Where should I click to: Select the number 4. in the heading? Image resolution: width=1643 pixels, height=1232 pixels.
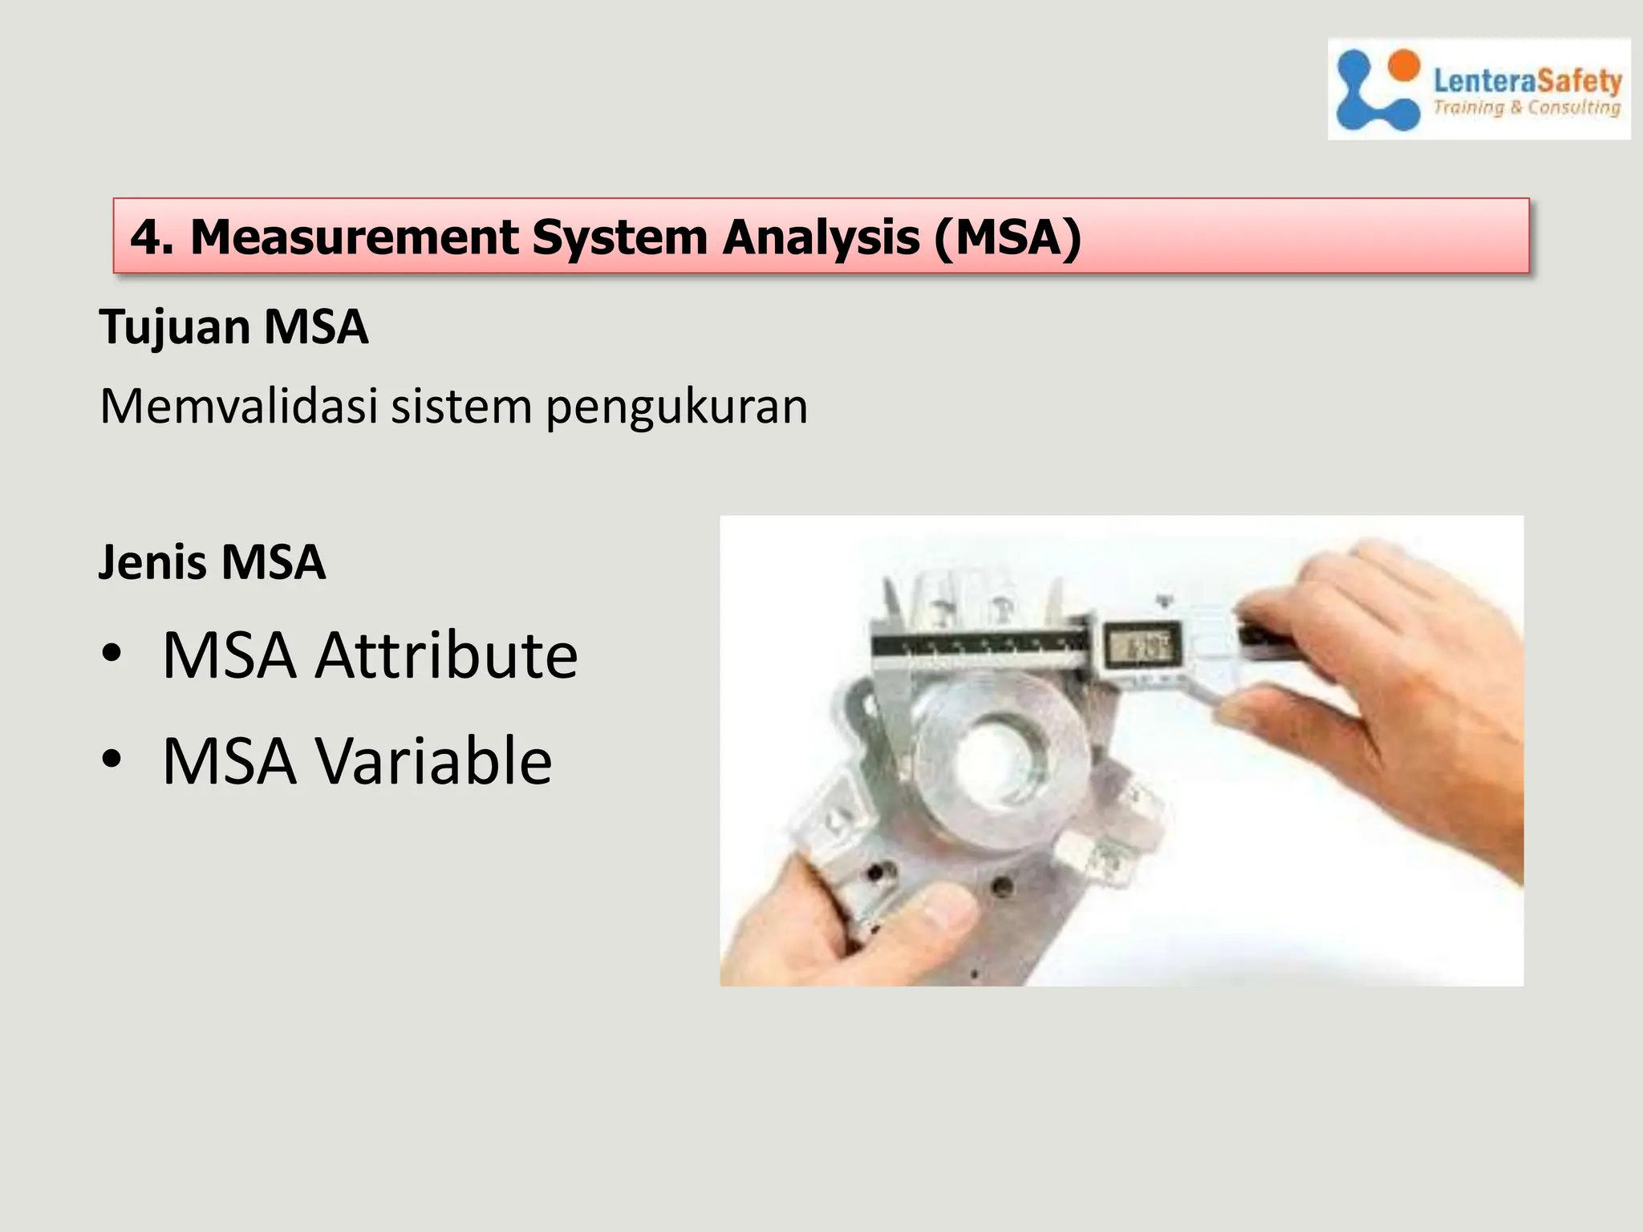[152, 237]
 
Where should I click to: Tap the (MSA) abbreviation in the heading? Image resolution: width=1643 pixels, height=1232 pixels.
[1008, 237]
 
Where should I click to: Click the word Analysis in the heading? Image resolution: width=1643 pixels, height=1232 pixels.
[820, 237]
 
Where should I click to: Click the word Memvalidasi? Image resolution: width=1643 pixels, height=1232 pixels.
[238, 406]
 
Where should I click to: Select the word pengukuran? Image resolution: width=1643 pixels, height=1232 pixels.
[676, 407]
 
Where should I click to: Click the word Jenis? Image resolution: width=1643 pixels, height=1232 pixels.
[152, 561]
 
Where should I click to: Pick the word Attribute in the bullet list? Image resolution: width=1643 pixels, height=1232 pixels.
[446, 656]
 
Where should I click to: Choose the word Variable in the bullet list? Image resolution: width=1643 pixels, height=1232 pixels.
[433, 761]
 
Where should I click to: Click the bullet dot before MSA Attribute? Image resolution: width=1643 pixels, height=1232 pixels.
[112, 654]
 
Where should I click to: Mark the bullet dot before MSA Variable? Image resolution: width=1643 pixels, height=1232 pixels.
[112, 759]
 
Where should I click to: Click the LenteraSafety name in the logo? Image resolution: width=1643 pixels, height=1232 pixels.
[1527, 80]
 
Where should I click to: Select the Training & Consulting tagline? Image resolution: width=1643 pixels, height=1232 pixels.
[1527, 107]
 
